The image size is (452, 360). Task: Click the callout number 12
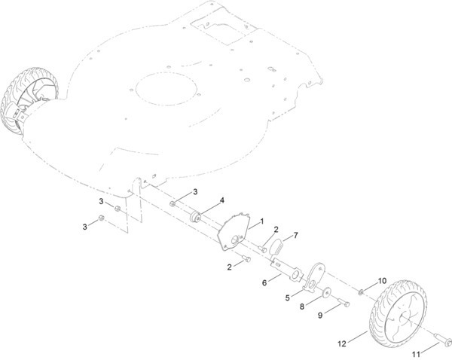pos(341,343)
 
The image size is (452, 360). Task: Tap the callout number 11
pos(416,354)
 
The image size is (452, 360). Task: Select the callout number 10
pos(382,280)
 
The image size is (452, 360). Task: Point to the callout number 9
pos(320,316)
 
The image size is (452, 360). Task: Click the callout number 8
pos(302,307)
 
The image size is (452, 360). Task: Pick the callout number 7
pos(295,236)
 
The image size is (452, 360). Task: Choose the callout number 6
pos(264,282)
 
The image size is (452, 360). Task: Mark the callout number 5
pos(288,297)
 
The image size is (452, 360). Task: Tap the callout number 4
pos(222,200)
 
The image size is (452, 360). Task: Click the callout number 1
pos(261,221)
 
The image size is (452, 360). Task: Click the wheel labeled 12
pos(398,313)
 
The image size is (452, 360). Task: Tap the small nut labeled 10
pos(361,292)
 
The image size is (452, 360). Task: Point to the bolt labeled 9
pos(344,303)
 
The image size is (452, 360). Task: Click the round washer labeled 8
pos(327,293)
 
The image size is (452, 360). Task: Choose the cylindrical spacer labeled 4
pos(196,217)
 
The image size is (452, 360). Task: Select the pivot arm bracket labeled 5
pos(313,277)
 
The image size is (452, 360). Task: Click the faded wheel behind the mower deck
pos(29,101)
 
